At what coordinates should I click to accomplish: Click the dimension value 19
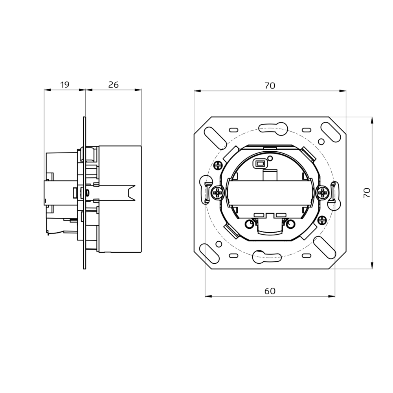pos(65,84)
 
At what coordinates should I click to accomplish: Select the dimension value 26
pos(114,84)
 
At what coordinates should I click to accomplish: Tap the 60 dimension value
pos(270,291)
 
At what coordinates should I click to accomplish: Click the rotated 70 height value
pos(367,193)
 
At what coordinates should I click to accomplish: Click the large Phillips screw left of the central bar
pos(217,193)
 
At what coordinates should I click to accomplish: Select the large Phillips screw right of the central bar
pos(323,193)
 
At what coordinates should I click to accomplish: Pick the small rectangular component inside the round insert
pos(260,163)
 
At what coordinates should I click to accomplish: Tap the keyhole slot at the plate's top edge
pos(272,127)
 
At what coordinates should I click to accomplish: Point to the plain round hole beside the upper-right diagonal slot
pos(321,141)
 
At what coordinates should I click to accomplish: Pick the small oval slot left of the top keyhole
pos(233,129)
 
